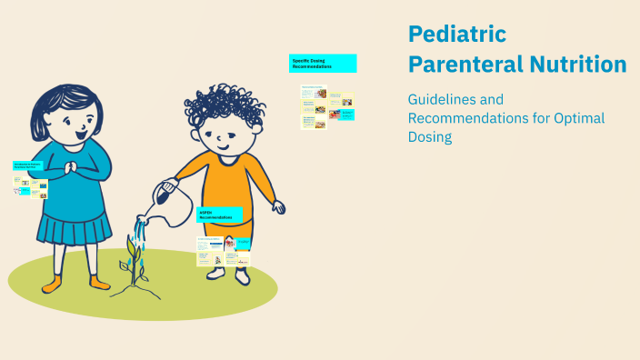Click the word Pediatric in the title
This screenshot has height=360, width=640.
point(456,35)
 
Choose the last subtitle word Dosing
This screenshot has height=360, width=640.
point(430,137)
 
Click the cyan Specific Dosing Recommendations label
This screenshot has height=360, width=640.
point(323,64)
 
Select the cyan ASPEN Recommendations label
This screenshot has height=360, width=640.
point(220,216)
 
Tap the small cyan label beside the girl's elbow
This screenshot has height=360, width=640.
point(29,165)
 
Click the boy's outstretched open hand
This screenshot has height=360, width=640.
point(276,206)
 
